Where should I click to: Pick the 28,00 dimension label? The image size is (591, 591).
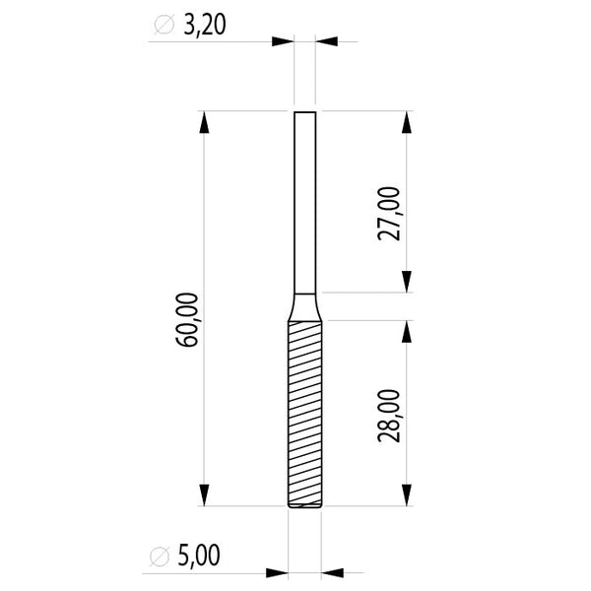[x=390, y=415]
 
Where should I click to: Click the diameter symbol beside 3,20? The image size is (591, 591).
[x=164, y=26]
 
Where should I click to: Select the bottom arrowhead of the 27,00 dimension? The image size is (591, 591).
[x=407, y=282]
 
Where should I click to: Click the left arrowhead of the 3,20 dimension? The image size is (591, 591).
[x=284, y=41]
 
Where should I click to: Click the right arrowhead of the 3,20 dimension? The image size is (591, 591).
[x=326, y=41]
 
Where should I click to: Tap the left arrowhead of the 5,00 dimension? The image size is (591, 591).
[x=277, y=571]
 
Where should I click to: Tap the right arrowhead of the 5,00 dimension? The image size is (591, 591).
[x=332, y=571]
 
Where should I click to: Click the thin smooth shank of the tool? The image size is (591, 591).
[x=304, y=197]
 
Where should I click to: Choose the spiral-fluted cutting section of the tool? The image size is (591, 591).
[x=304, y=414]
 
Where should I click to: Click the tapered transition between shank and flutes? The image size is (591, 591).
[x=304, y=306]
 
